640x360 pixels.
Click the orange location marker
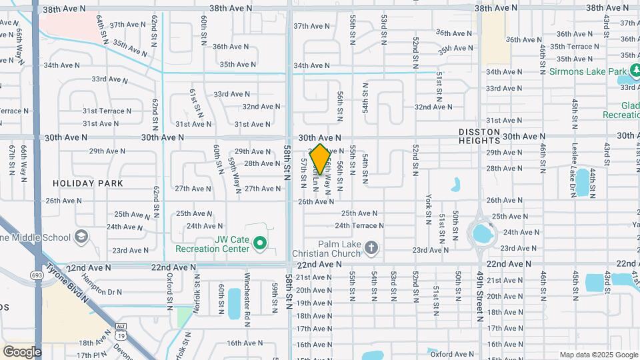[x=320, y=159]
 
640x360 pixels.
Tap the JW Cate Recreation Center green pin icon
[x=261, y=245]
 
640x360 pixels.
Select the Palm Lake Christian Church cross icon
[x=372, y=249]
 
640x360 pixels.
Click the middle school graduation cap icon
[x=81, y=237]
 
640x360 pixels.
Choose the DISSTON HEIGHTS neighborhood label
[x=489, y=136]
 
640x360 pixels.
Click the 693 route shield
[x=37, y=275]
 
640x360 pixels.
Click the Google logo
[x=22, y=351]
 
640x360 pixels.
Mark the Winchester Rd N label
[x=247, y=293]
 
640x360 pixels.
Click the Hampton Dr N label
[x=103, y=291]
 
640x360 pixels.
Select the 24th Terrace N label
[x=361, y=225]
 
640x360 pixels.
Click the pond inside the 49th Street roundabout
[x=480, y=234]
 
